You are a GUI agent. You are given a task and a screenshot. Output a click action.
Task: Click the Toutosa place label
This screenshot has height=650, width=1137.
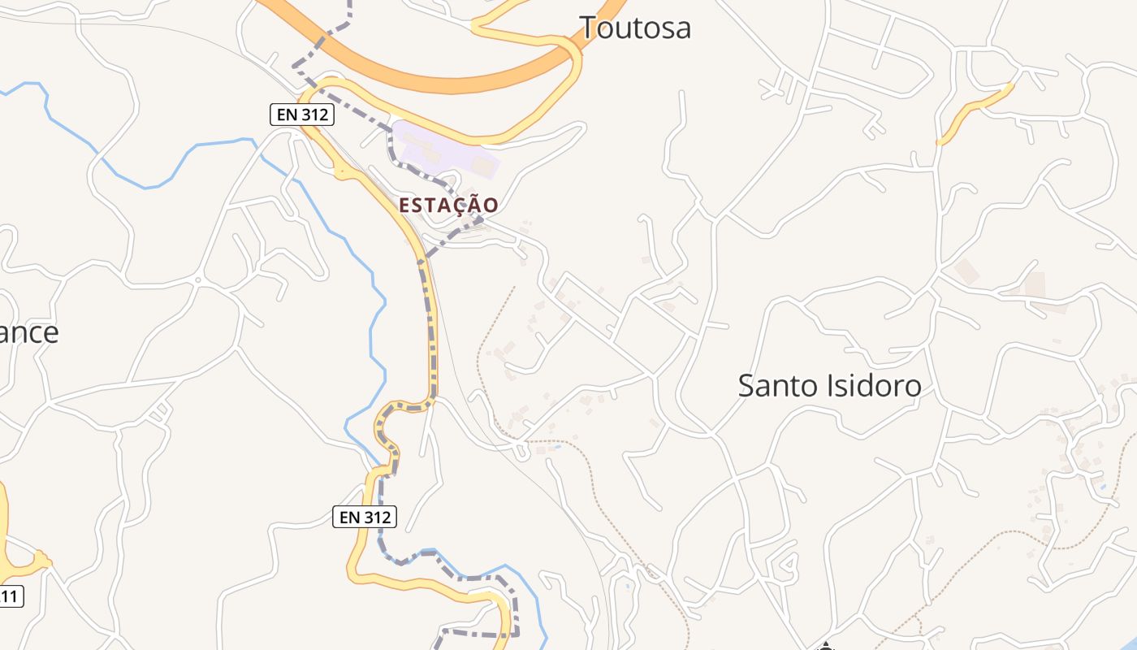[636, 27]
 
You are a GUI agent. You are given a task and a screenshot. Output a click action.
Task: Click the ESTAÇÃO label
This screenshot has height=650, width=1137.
[448, 206]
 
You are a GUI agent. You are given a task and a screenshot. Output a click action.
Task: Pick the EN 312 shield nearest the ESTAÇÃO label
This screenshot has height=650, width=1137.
[302, 115]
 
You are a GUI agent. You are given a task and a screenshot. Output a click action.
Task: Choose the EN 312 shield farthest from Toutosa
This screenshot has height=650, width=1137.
[365, 516]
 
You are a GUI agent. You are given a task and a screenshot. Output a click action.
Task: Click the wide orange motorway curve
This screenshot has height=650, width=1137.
[422, 77]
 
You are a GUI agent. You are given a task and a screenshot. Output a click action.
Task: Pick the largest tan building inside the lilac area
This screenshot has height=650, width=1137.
[482, 166]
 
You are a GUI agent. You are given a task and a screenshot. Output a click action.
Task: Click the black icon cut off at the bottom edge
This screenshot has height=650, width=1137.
[825, 646]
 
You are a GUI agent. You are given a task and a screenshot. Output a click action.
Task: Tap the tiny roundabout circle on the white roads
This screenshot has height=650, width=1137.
[197, 279]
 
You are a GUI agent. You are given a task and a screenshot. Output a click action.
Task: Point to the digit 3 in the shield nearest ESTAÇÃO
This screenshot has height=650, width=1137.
[311, 115]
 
